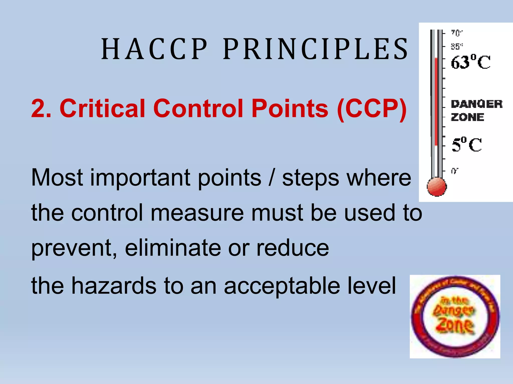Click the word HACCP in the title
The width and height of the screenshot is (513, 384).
154,49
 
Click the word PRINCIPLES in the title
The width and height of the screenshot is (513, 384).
316,49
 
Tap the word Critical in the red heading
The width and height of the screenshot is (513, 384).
102,108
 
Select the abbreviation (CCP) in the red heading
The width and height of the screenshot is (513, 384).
372,108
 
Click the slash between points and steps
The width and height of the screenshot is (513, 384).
272,178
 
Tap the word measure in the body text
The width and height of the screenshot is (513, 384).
197,213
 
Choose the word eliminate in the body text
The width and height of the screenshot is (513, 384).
173,248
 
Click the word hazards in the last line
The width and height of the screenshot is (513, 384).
114,285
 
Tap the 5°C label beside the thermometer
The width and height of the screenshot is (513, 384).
467,145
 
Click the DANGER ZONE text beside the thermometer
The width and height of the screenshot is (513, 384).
476,110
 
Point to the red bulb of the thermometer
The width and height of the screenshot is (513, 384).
437,187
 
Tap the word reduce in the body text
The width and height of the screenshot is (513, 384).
293,248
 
